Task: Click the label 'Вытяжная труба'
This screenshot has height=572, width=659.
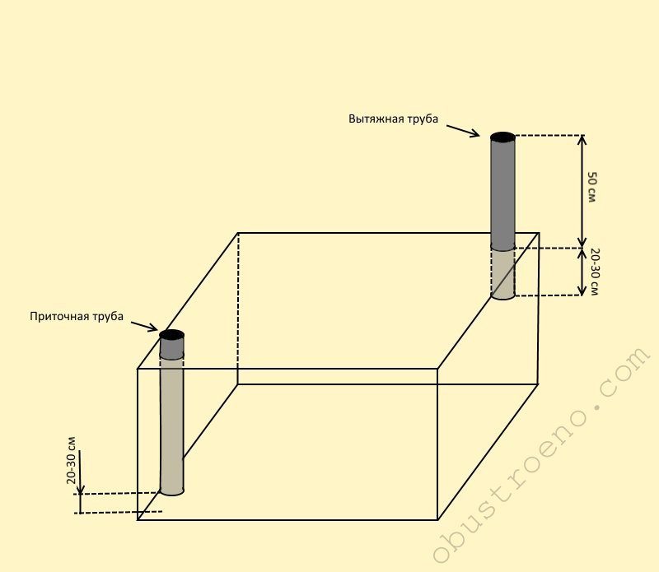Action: coord(393,119)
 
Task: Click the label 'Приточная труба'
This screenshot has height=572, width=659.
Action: coord(77,316)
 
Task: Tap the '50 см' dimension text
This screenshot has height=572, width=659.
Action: coord(592,188)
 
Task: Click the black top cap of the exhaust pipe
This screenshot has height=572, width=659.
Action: coord(502,136)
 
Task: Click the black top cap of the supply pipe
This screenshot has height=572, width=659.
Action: coord(171,335)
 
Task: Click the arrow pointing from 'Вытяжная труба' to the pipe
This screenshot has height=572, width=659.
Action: coord(464,129)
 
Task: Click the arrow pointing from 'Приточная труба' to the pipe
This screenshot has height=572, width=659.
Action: coord(145,326)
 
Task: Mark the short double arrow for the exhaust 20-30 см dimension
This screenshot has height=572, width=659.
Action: coord(582,272)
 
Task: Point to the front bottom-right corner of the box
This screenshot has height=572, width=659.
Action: coord(437,519)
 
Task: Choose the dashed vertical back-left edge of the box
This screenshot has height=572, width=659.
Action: coord(238,309)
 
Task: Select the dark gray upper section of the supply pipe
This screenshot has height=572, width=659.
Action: coord(171,349)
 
